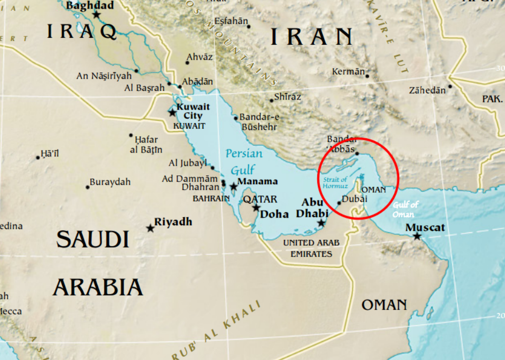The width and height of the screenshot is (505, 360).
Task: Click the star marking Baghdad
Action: pyautogui.click(x=96, y=15)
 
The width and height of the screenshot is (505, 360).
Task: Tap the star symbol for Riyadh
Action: pyautogui.click(x=150, y=228)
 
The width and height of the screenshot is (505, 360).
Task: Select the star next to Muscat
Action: pyautogui.click(x=417, y=236)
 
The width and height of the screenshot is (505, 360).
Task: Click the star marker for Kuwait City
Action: pyautogui.click(x=173, y=112)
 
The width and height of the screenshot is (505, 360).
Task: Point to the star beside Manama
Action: pyautogui.click(x=234, y=186)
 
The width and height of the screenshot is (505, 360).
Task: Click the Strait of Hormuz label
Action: pyautogui.click(x=335, y=183)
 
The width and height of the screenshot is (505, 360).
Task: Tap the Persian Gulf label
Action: pyautogui.click(x=244, y=161)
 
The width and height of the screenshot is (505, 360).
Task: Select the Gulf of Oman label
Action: pyautogui.click(x=406, y=209)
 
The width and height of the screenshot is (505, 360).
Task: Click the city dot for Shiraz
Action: pyautogui.click(x=271, y=100)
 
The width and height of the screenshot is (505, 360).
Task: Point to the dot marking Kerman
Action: pyautogui.click(x=367, y=76)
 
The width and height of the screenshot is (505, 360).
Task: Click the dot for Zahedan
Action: pyautogui.click(x=450, y=86)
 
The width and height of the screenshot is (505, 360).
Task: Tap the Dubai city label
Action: pyautogui.click(x=354, y=199)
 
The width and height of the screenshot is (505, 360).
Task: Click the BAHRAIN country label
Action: pyautogui.click(x=211, y=198)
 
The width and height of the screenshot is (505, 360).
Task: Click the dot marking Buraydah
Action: pyautogui.click(x=88, y=187)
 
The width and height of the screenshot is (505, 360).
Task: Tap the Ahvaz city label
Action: pyautogui.click(x=199, y=57)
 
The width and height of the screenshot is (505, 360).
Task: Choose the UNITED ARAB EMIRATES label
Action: pyautogui.click(x=311, y=248)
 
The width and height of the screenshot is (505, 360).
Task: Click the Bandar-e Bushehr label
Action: pyautogui.click(x=260, y=122)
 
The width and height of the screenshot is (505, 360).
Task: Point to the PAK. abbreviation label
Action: pyautogui.click(x=492, y=98)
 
